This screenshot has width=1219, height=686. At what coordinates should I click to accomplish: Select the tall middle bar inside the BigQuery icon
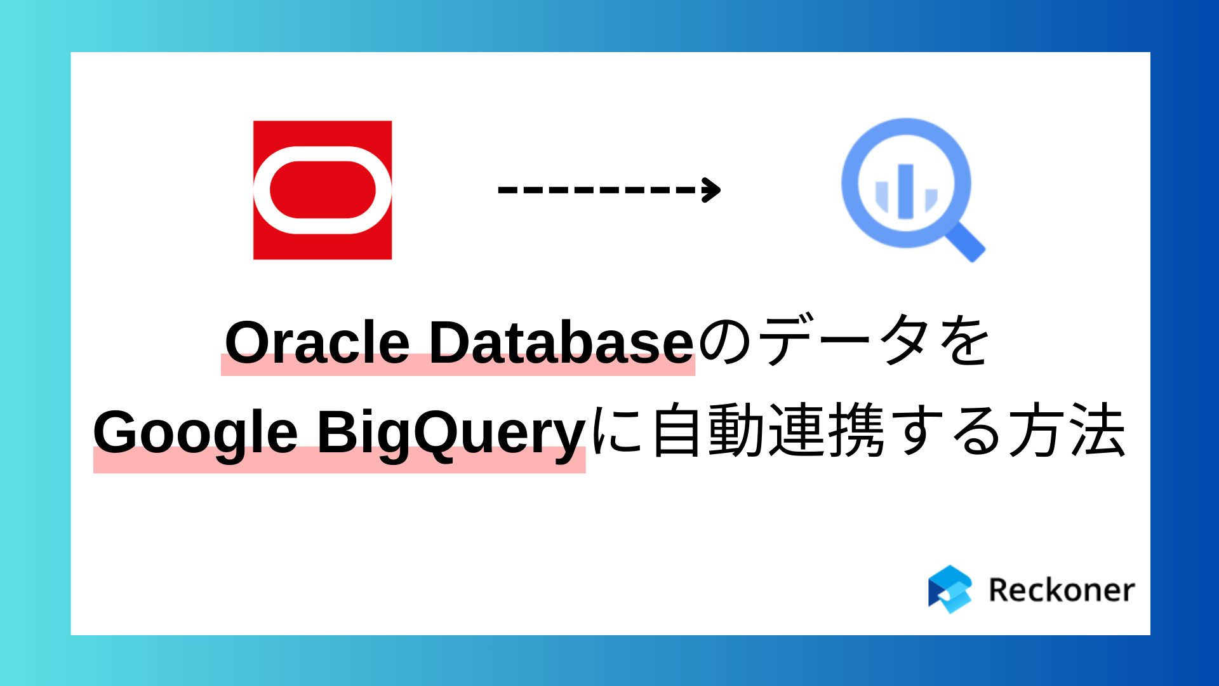(906, 191)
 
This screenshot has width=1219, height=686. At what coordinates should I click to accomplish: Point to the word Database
(561, 343)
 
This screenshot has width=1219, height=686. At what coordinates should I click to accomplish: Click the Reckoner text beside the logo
(1061, 590)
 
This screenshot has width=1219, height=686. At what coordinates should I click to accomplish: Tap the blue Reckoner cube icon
(949, 589)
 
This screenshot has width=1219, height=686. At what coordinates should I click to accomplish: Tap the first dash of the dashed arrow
(506, 189)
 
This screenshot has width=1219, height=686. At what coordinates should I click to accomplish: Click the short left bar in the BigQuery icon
(882, 196)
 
